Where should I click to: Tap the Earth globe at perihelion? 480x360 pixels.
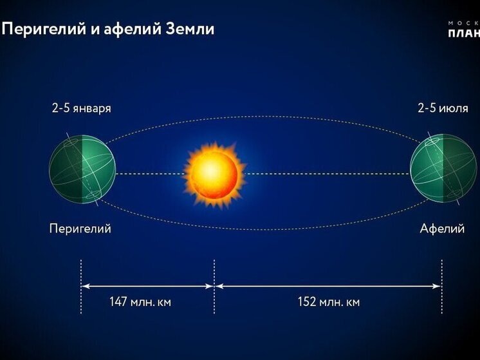[82, 171]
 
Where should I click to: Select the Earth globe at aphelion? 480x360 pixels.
[443, 171]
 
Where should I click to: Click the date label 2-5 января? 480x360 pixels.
[82, 108]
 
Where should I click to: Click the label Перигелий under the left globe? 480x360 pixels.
[80, 229]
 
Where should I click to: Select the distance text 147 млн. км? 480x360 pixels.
[140, 302]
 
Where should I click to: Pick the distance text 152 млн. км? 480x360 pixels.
[328, 302]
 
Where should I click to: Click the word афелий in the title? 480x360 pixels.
[126, 29]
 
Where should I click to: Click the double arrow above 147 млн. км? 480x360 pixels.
[147, 286]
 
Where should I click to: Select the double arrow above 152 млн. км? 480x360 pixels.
[328, 286]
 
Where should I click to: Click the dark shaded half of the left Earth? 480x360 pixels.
[98, 171]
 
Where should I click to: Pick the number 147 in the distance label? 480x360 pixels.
[118, 302]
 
